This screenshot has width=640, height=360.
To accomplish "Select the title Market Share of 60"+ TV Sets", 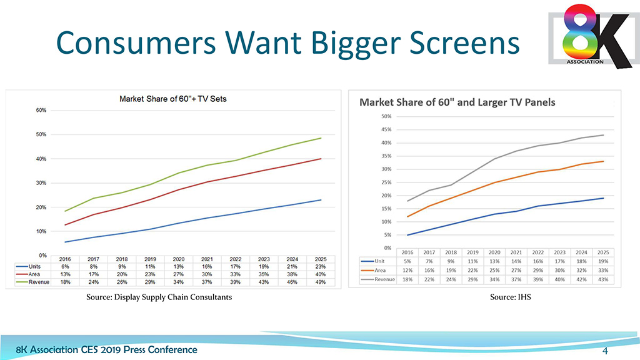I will click(177, 100).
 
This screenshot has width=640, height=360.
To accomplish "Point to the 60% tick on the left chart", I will click(39, 110).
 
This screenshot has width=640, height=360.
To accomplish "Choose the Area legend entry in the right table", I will click(379, 271).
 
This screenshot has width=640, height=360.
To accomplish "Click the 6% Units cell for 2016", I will click(64, 266).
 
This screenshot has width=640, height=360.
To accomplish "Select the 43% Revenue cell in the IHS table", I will click(603, 279).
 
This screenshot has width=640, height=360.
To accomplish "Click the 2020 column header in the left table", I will click(179, 258).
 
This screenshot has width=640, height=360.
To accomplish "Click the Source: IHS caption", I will click(510, 297).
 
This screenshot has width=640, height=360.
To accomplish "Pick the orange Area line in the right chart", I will click(494, 182).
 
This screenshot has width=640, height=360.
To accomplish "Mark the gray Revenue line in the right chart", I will click(494, 159).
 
